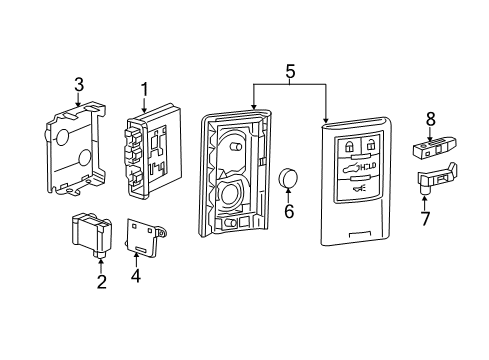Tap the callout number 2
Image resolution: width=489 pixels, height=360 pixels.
point(101,283)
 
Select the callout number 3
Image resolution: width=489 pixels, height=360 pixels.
point(79,84)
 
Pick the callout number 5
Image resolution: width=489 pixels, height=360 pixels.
point(290,72)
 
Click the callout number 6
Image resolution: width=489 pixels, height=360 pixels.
point(290,211)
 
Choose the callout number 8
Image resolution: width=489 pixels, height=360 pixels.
point(431,120)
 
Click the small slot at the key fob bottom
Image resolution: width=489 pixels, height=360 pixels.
point(357,236)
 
